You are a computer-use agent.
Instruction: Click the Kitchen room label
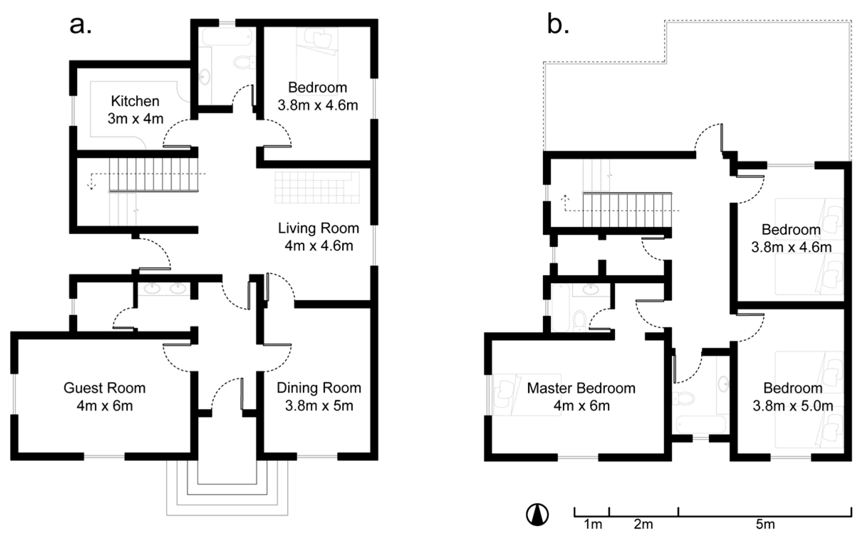click(x=135, y=101)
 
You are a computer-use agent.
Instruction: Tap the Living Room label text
click(x=318, y=228)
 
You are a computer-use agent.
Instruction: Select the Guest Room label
click(x=104, y=388)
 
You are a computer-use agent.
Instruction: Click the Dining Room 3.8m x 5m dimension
click(x=319, y=406)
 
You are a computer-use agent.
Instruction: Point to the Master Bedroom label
click(x=581, y=388)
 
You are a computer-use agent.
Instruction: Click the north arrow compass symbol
click(x=537, y=514)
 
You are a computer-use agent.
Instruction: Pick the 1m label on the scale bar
click(x=593, y=525)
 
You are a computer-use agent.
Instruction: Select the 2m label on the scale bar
click(x=643, y=525)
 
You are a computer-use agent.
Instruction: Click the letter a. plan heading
click(x=80, y=26)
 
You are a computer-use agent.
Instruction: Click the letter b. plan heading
click(x=558, y=26)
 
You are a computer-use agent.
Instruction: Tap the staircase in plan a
click(x=153, y=174)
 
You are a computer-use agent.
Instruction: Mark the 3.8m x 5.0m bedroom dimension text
click(x=793, y=406)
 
